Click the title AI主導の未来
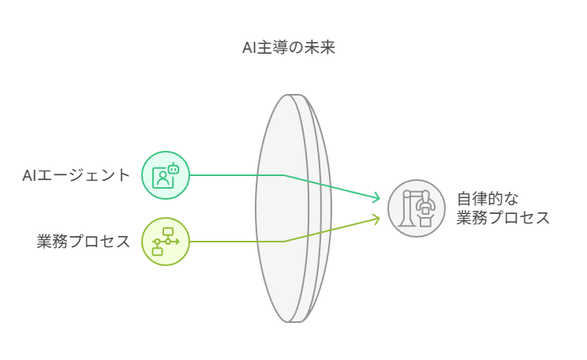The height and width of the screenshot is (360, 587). (289, 47)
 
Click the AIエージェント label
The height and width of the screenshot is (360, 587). (76, 175)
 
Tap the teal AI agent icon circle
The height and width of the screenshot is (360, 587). (166, 175)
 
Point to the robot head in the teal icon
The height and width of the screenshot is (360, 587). (174, 167)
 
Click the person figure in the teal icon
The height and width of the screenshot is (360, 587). (161, 178)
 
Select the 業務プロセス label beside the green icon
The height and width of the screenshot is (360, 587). (84, 242)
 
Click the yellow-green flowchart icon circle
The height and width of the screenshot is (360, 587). (166, 242)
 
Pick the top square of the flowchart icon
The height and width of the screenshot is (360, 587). (168, 231)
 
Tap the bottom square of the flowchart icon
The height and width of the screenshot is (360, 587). (158, 251)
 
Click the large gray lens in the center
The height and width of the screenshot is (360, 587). (292, 208)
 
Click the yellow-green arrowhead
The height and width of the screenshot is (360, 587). (377, 217)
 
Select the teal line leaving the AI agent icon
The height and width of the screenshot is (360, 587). (237, 175)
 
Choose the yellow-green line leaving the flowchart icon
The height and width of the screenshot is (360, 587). (237, 242)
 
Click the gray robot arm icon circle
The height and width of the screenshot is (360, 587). (416, 208)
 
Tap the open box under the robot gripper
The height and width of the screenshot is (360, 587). (425, 221)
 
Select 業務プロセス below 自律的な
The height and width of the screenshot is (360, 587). (503, 219)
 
